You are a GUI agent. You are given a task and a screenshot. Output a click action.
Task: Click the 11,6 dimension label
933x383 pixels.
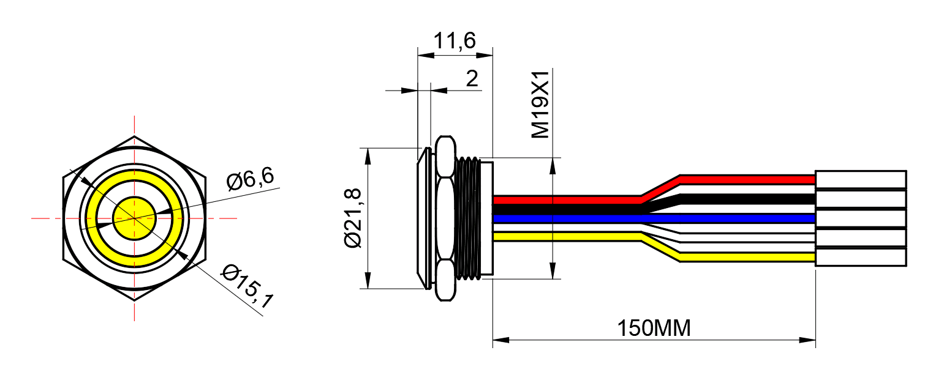(x=455, y=41)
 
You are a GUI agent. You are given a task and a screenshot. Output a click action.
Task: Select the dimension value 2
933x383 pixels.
(x=472, y=78)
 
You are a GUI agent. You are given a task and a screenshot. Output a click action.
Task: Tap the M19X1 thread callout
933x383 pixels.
(x=541, y=104)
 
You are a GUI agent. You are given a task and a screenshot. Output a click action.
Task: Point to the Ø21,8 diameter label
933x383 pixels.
(x=353, y=218)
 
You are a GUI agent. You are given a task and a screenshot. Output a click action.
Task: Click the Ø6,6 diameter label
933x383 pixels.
(x=251, y=179)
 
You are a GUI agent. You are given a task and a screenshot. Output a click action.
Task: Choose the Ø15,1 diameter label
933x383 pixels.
(x=247, y=286)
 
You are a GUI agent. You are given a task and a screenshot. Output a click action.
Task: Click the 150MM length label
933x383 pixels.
(x=654, y=328)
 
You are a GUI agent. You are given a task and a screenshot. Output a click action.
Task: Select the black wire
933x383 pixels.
(x=654, y=204)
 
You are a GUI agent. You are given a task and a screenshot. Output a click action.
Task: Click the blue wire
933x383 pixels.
(x=654, y=218)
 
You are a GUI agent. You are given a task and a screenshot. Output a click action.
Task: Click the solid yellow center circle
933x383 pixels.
(x=134, y=218)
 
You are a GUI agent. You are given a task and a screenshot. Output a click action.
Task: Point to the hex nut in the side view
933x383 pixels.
(x=445, y=218)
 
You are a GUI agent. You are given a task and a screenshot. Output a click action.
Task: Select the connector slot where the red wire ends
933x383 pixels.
(x=861, y=179)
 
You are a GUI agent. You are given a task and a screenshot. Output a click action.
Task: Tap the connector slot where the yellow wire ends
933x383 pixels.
(x=861, y=257)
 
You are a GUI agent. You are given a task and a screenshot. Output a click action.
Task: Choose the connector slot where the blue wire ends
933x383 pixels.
(x=861, y=218)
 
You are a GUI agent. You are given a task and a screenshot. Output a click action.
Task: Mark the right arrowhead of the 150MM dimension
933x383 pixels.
(x=807, y=340)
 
